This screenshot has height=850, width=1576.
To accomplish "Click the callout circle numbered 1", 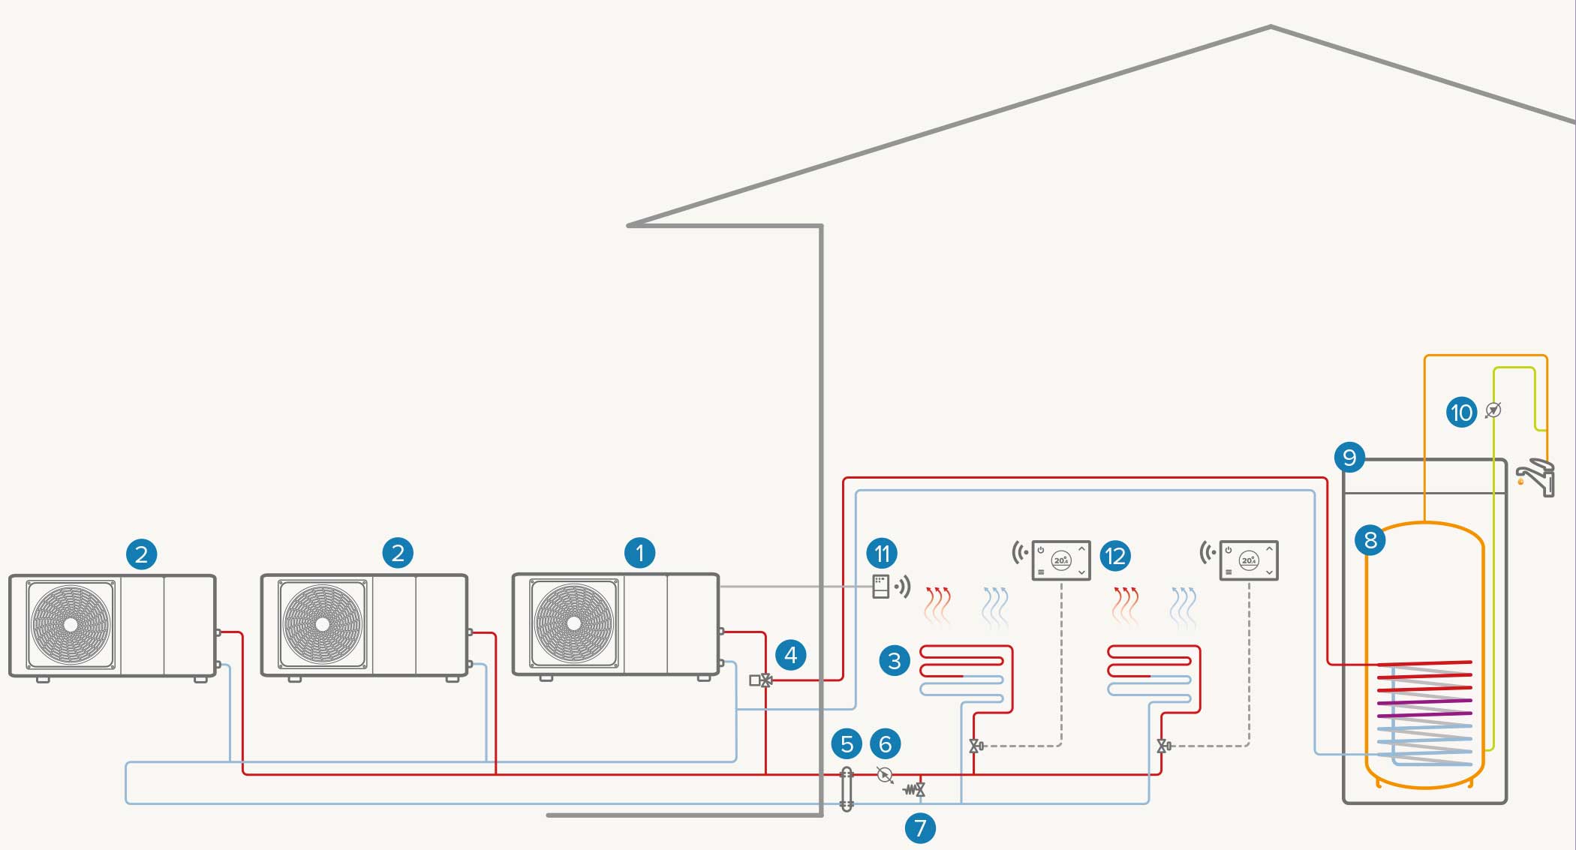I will click(639, 554).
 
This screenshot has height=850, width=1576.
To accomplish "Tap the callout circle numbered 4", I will click(790, 656).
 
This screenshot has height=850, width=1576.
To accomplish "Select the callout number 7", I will click(920, 828).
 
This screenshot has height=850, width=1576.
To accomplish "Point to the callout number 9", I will click(1349, 458).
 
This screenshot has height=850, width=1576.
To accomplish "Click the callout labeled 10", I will click(1461, 412).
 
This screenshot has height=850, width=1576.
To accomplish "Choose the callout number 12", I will click(1115, 557).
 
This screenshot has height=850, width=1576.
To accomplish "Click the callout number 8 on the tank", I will click(1370, 540).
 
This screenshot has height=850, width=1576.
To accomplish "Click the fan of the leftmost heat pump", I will click(71, 624).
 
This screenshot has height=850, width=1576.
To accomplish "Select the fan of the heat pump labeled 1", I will click(574, 623).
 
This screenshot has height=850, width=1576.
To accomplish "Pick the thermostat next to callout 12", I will click(1060, 560).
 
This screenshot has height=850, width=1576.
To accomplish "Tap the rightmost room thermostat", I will click(1248, 560).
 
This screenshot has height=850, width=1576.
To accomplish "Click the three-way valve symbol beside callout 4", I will click(765, 680).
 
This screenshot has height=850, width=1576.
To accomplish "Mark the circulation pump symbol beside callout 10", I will click(1493, 410).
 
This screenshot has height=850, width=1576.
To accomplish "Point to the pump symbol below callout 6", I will click(885, 775).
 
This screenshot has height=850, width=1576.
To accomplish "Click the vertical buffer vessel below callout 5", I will click(847, 788).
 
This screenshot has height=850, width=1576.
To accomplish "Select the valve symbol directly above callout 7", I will click(918, 789).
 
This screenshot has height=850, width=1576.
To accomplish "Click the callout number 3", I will click(894, 661).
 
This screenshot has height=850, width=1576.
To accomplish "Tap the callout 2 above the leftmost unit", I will click(141, 554).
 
